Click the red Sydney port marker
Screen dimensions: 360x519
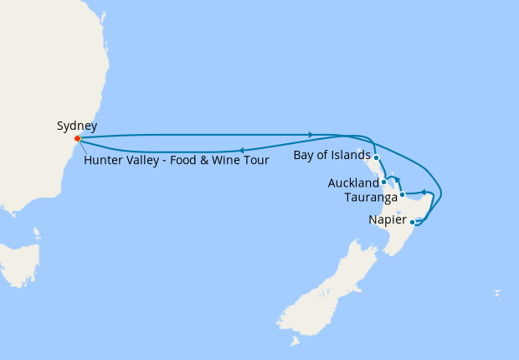77,138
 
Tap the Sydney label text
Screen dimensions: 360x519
77,126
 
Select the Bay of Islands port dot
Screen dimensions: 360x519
377,157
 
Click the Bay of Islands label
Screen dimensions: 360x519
332,156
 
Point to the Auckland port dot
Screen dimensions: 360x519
383,182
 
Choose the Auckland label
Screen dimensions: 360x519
353,183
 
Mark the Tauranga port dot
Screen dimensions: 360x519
402,195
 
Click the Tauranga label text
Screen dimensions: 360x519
371,198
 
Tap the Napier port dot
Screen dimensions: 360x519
412,222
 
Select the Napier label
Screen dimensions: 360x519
388,220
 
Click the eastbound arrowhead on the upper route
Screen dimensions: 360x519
311,134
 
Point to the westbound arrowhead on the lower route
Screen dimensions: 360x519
241,151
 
